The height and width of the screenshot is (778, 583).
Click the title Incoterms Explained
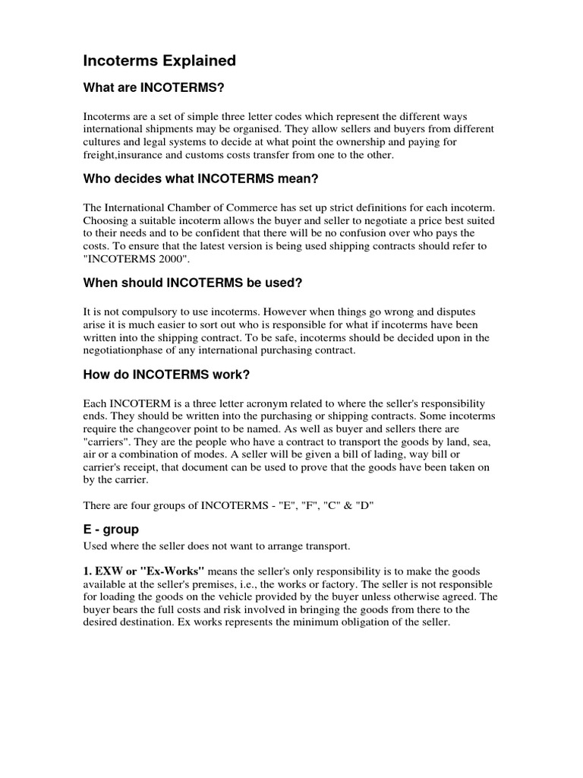coord(159,60)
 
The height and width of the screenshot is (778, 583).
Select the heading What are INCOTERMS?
coord(154,89)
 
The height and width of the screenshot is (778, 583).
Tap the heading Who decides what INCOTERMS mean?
coord(190,179)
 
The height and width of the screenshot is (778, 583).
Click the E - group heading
coord(111,529)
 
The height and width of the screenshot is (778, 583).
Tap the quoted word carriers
coord(109,441)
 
